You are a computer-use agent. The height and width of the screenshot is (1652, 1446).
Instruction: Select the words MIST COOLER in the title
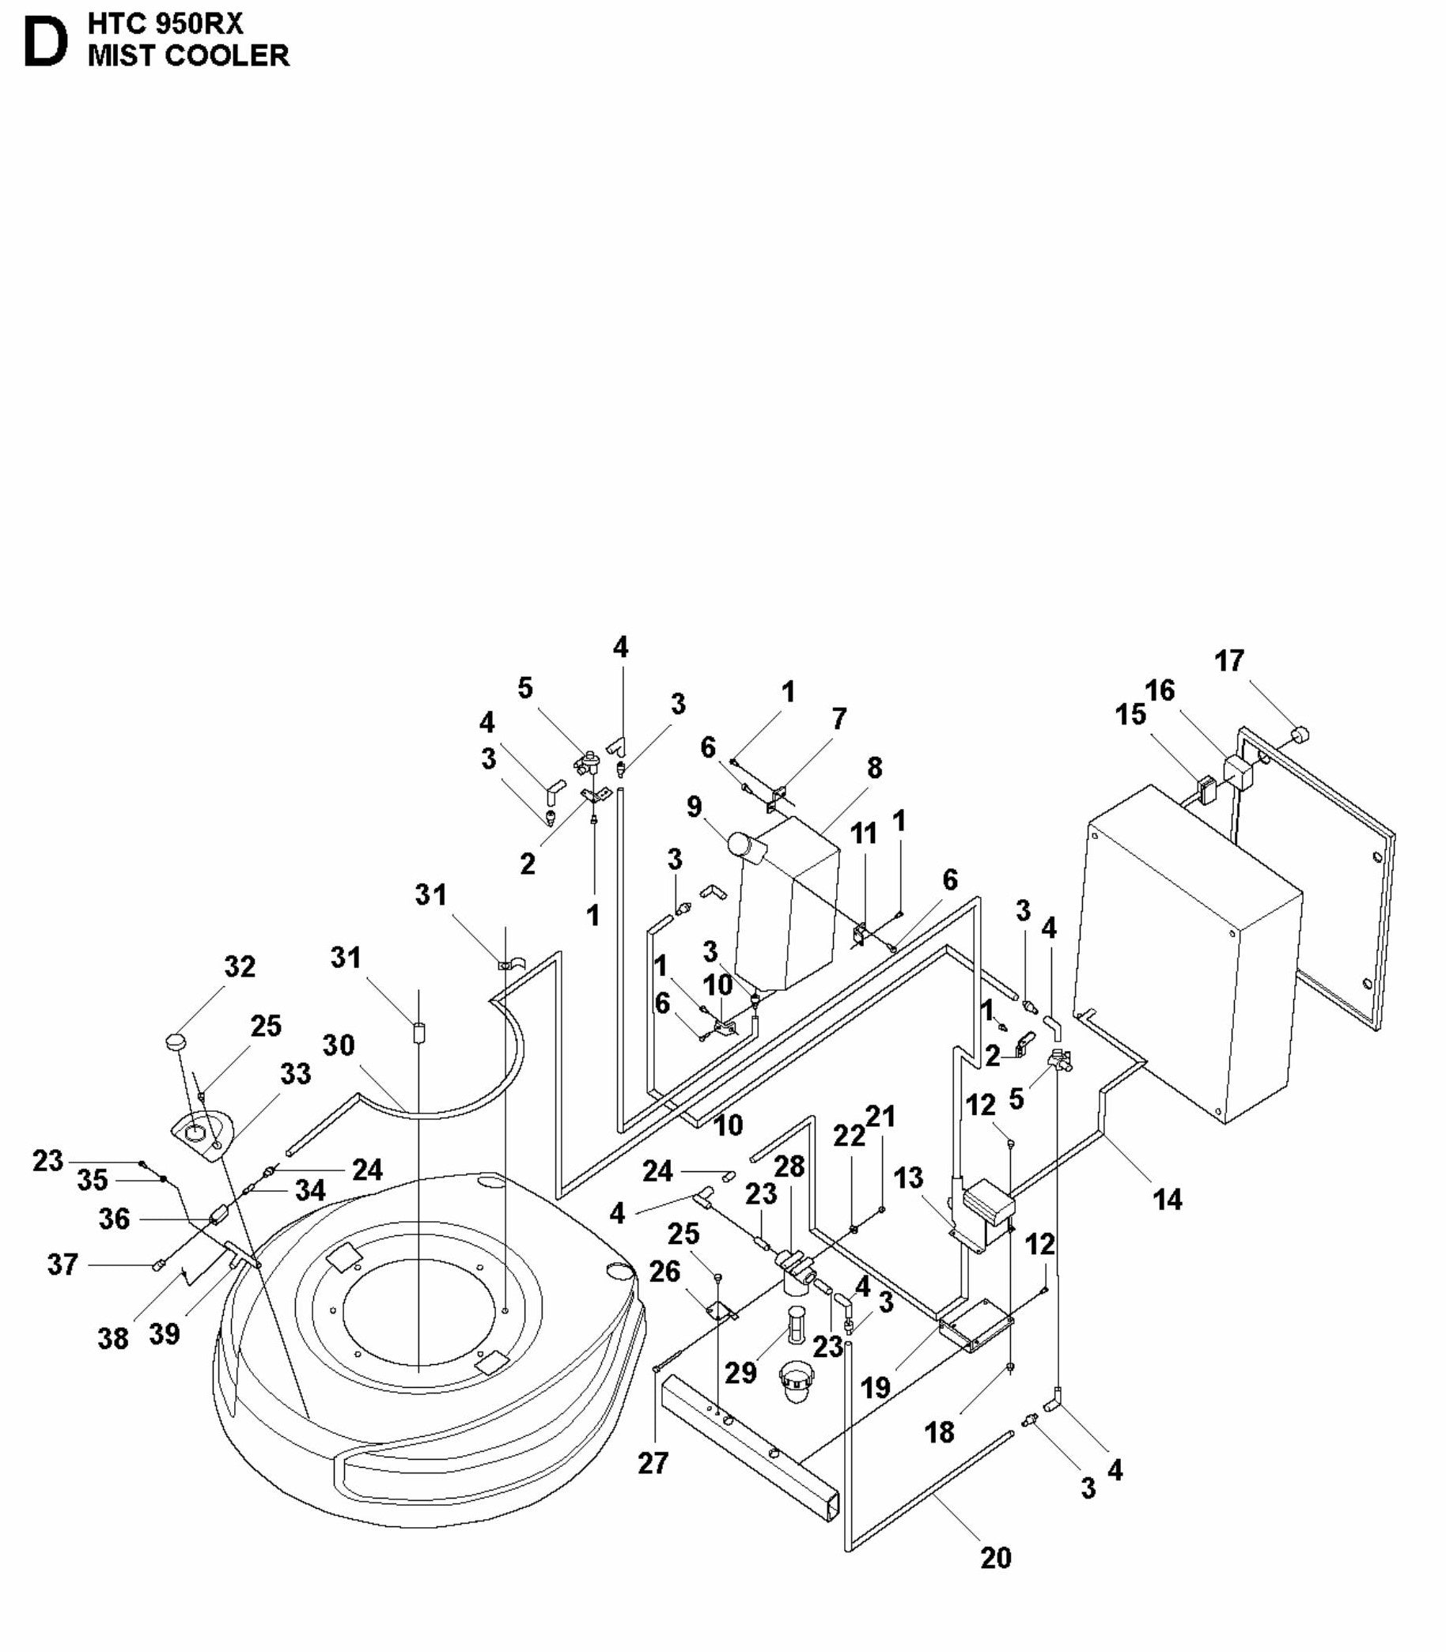pos(188,55)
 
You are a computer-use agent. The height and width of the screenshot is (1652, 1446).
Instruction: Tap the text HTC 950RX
pos(165,24)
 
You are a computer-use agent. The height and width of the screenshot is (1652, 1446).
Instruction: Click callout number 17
pos(1229,661)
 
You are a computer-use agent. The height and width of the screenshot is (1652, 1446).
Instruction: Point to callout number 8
pos(875,768)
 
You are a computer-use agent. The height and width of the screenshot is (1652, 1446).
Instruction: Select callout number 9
pos(694,807)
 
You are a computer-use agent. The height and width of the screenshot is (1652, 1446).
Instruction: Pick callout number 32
pos(239,966)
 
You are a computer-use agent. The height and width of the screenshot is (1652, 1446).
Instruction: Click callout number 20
pos(996,1558)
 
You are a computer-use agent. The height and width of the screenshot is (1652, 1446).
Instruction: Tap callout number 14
pos(1168,1200)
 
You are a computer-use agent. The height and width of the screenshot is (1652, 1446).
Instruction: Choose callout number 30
pos(339,1045)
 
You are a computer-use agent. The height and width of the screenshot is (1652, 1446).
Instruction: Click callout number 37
pos(62,1264)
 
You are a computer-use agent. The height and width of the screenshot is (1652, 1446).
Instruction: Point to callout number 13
pos(908,1178)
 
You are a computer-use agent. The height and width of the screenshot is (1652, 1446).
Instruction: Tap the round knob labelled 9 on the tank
pos(738,844)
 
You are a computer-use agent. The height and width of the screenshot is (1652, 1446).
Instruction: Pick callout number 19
pos(876,1387)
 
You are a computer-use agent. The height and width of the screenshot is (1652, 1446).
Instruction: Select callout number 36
pos(114,1219)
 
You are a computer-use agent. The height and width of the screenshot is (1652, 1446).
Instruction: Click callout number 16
pos(1160,690)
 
